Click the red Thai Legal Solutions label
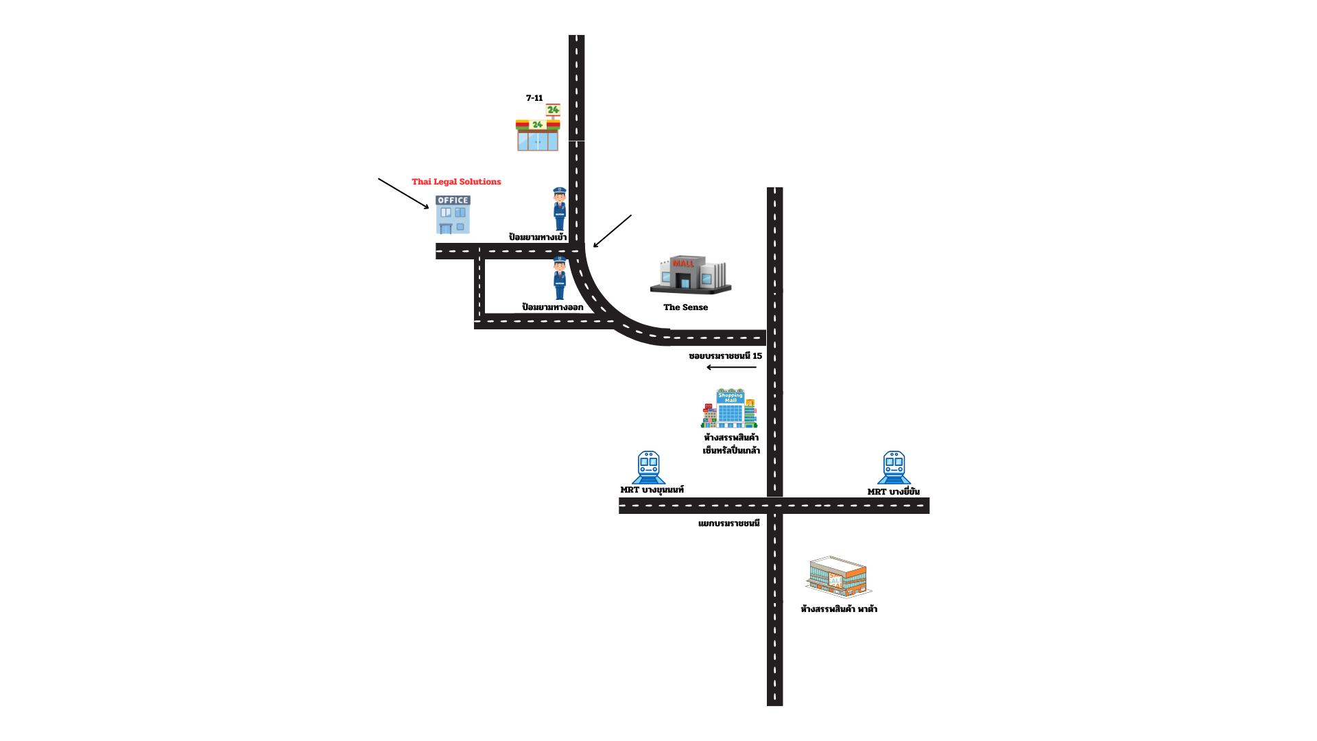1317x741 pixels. (x=456, y=182)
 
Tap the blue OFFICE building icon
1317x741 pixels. (x=453, y=215)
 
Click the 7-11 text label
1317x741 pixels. (x=534, y=98)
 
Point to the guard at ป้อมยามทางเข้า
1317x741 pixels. (x=560, y=209)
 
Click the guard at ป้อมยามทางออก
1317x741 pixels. (x=560, y=279)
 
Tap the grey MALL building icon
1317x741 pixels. (x=691, y=274)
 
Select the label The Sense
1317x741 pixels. (x=685, y=307)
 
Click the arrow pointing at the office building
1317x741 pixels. (x=403, y=193)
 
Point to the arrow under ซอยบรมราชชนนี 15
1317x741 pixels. (x=731, y=367)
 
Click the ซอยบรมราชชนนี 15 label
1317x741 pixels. (x=725, y=356)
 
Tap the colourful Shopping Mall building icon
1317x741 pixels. (x=729, y=408)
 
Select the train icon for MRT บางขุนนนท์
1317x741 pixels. (x=648, y=467)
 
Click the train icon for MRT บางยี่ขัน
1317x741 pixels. (x=894, y=467)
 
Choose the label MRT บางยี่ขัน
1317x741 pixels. (x=893, y=492)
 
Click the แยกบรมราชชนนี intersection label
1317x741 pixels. (x=729, y=524)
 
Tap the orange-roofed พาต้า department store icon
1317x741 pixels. (x=838, y=577)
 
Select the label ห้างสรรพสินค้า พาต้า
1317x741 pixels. (x=839, y=609)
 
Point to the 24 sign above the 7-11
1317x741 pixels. (x=553, y=110)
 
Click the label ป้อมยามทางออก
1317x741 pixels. (x=553, y=307)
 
